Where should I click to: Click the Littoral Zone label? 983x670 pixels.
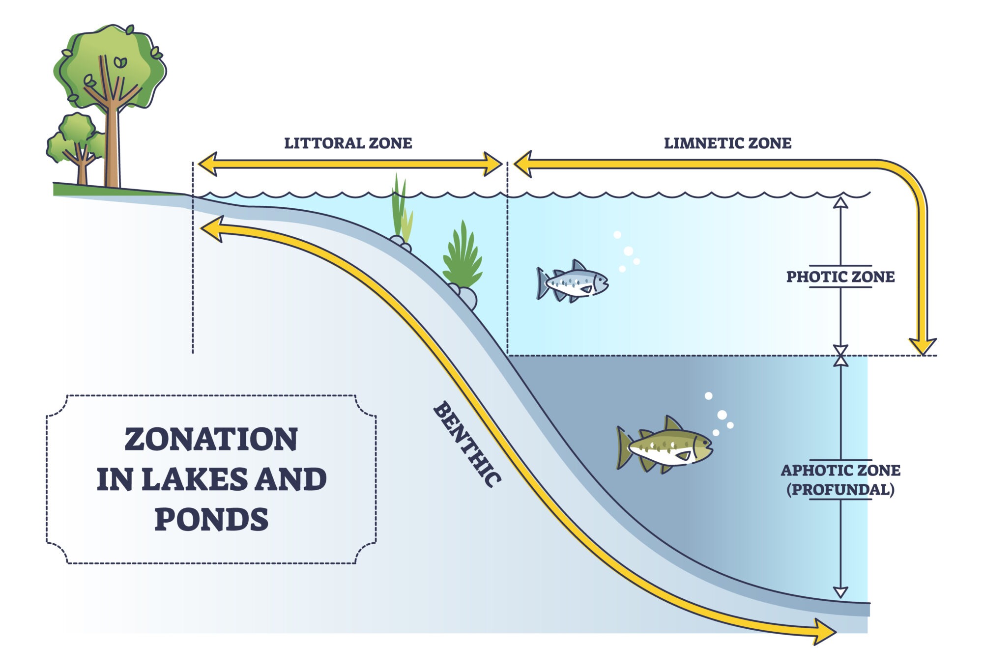[x=348, y=143]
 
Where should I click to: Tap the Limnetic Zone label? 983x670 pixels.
[x=727, y=143]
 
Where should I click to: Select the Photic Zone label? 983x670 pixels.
[x=840, y=277]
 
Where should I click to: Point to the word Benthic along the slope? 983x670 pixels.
[x=467, y=445]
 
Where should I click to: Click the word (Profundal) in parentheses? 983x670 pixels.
[x=840, y=490]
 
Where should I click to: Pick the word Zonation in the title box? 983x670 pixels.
[x=211, y=439]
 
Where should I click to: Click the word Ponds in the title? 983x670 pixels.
[x=211, y=520]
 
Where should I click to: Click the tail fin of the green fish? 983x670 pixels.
[x=624, y=447]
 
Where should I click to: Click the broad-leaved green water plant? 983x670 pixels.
[x=462, y=258]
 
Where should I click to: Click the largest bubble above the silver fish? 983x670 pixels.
[x=628, y=251]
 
